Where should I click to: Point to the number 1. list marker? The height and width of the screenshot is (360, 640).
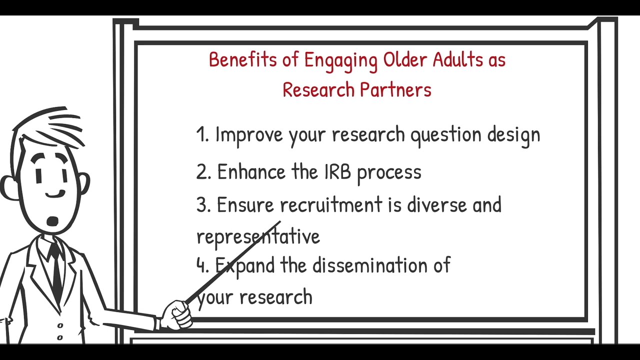[x=202, y=134]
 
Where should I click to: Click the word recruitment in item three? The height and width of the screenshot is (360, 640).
[x=330, y=205]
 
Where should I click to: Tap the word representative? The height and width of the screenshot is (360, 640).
[x=257, y=236]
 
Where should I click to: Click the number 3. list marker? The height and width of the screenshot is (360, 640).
[x=203, y=205]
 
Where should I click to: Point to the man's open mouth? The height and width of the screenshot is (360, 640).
[x=52, y=221]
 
